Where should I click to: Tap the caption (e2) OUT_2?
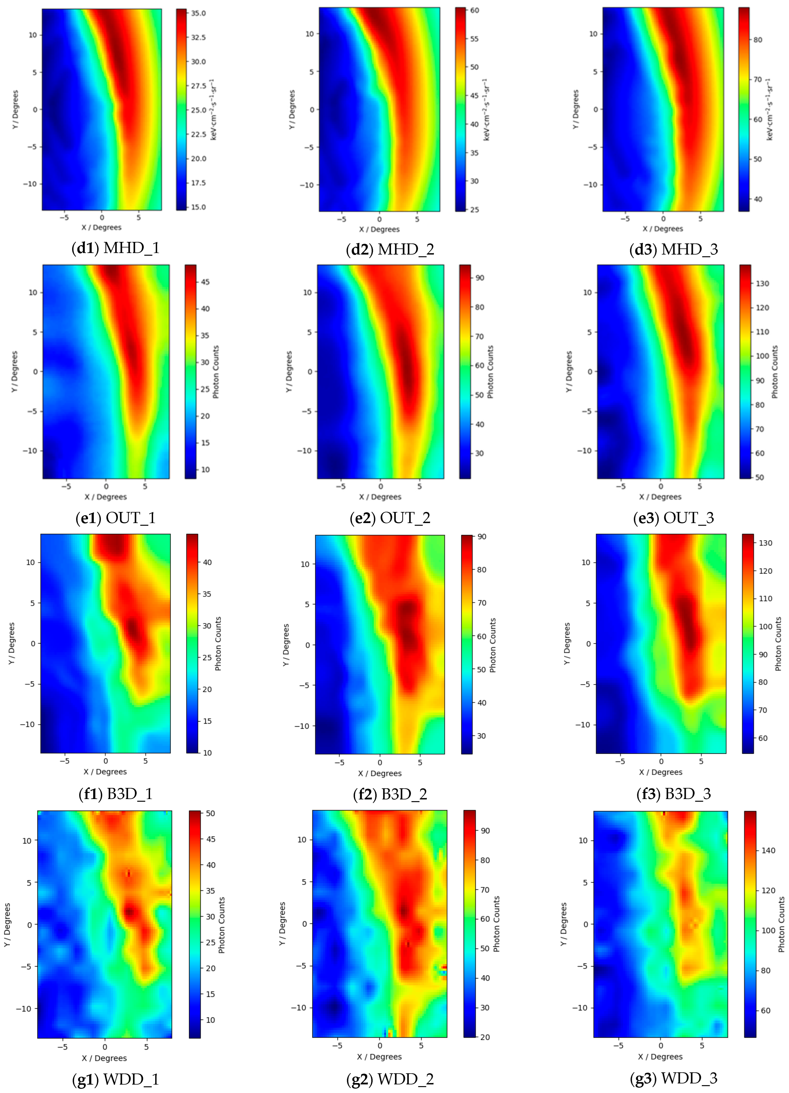coord(390,518)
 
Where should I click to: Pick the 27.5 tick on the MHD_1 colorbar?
coord(198,86)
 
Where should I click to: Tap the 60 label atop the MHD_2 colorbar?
coord(474,10)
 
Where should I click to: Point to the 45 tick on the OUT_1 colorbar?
coord(205,282)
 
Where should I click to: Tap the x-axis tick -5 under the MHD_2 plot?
coord(342,219)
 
